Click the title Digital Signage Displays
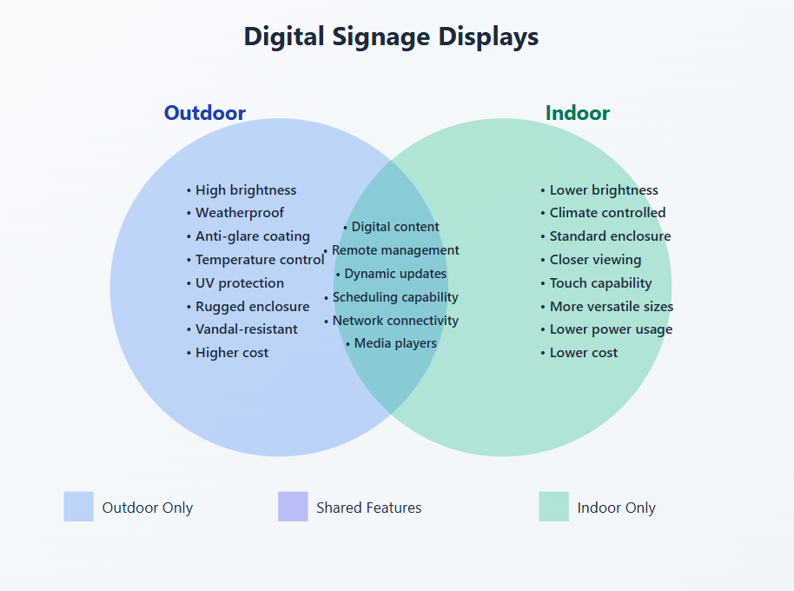pos(391,37)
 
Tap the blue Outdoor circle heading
pos(205,113)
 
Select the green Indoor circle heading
pos(577,113)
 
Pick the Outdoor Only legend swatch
pos(78,507)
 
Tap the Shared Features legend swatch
pos(293,507)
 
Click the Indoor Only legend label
pos(616,508)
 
